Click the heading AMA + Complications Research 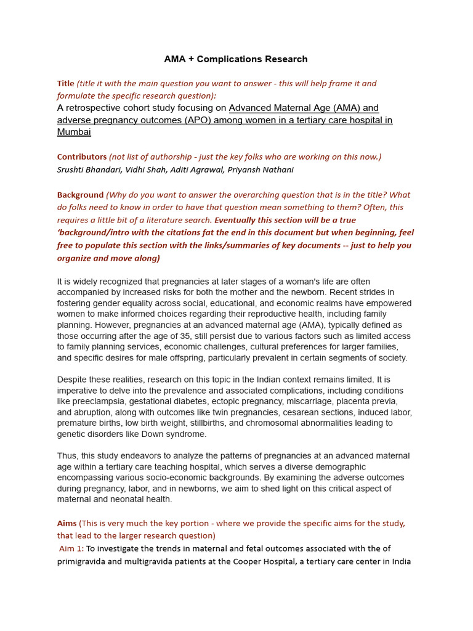pos(236,59)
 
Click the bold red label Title pos(66,83)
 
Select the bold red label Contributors pos(82,157)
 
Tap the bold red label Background pos(80,195)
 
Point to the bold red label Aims pos(67,523)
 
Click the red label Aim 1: pos(71,548)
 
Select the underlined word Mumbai pos(74,132)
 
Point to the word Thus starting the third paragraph pos(67,456)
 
